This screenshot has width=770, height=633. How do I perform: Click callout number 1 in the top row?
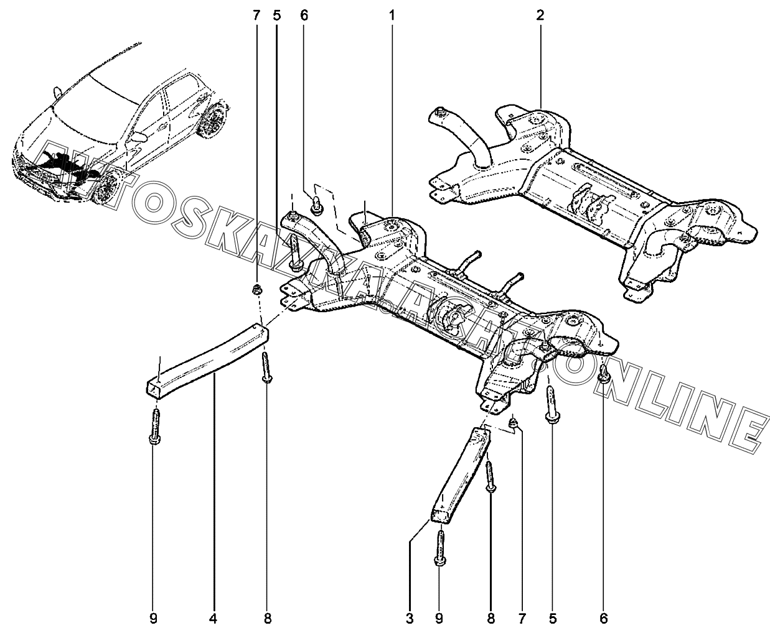click(392, 15)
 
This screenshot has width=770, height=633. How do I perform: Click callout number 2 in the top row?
click(540, 15)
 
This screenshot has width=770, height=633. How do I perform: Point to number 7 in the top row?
click(256, 15)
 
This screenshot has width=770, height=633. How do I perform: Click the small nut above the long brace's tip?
click(256, 289)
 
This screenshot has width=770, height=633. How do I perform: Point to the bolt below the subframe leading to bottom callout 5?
click(552, 404)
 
